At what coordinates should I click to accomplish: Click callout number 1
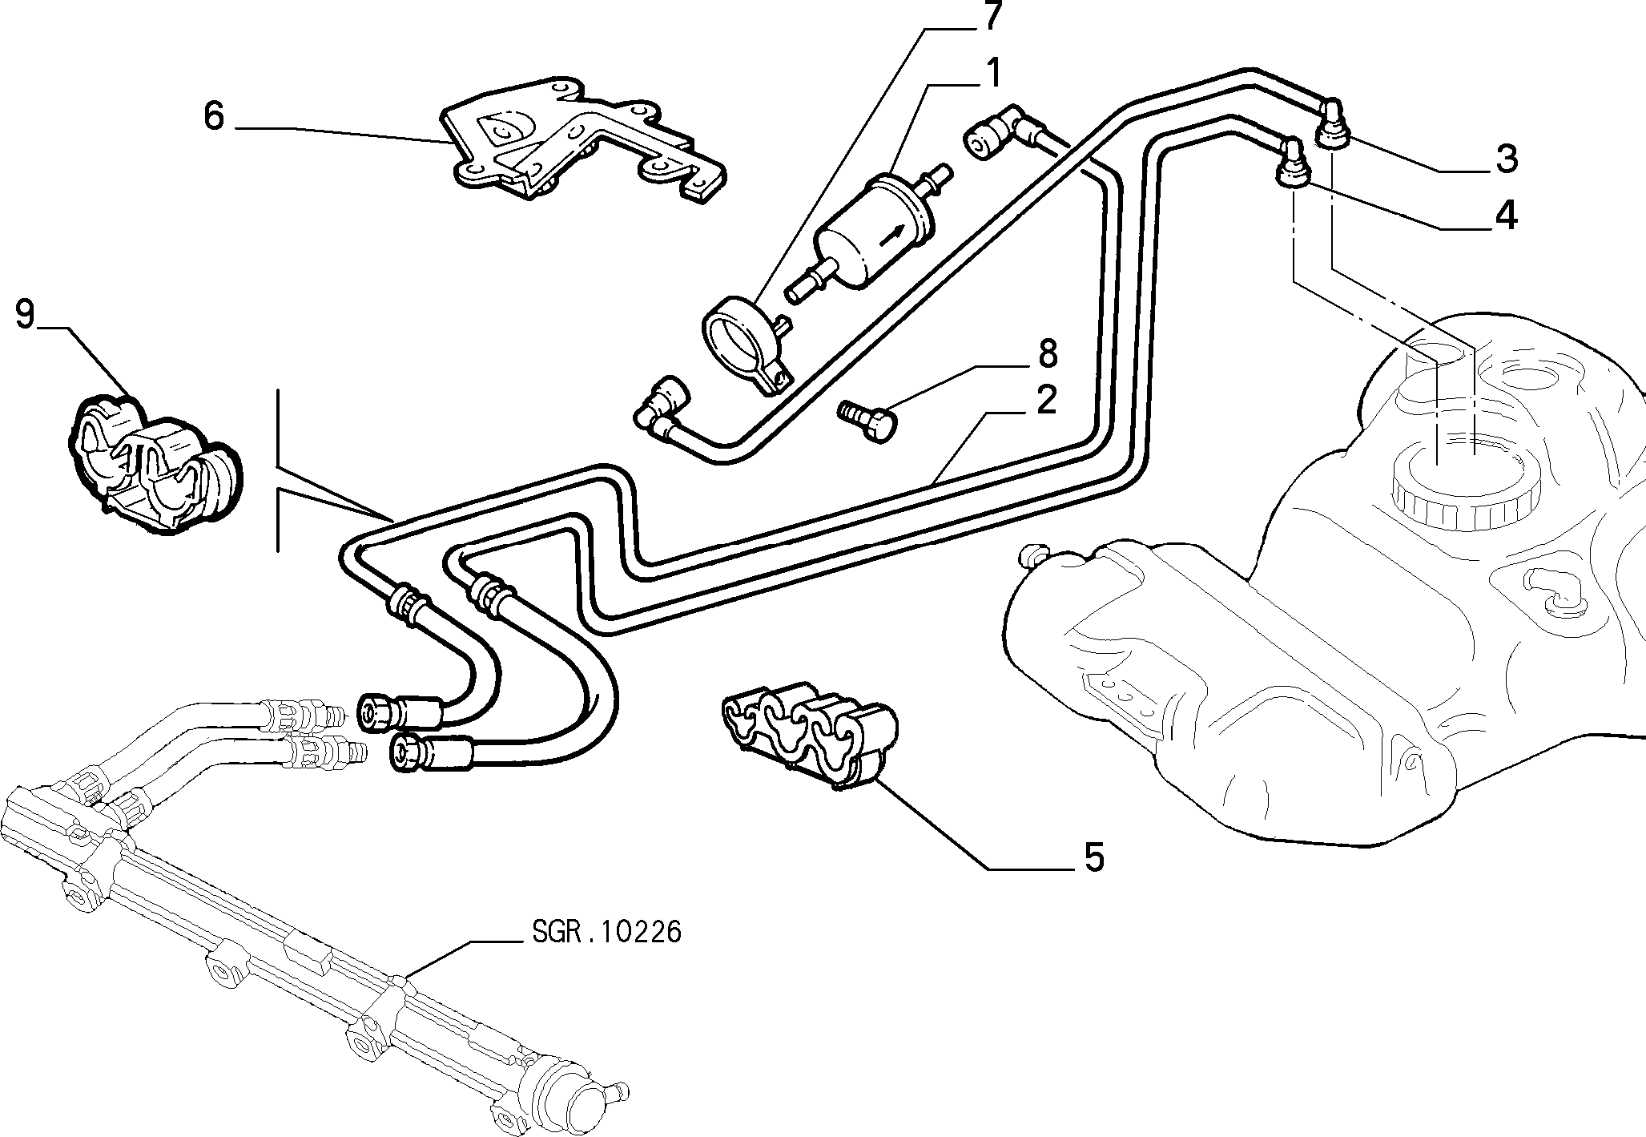point(993,74)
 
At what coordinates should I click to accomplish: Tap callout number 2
point(1045,398)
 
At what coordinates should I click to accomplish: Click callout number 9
point(25,314)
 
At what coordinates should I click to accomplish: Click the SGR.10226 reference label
point(606,932)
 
